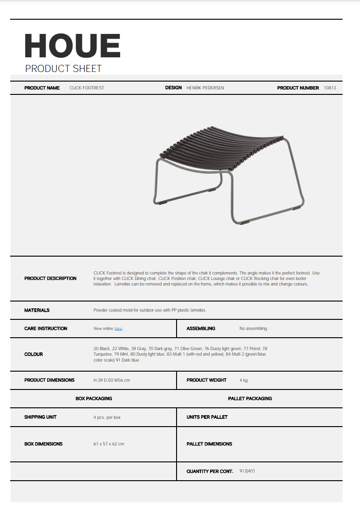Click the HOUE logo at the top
click(72, 45)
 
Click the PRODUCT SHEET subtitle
click(63, 69)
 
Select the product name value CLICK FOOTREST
click(87, 88)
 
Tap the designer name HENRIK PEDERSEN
click(205, 88)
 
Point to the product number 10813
click(330, 88)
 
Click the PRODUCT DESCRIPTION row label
click(50, 279)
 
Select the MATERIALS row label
click(37, 310)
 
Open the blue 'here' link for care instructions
click(118, 329)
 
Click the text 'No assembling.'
click(254, 329)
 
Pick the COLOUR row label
click(33, 354)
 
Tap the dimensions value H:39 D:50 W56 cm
click(111, 380)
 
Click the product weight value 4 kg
click(244, 380)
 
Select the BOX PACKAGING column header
click(94, 399)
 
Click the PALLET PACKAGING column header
click(250, 399)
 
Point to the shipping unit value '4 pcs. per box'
click(107, 417)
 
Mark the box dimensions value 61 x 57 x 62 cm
click(109, 444)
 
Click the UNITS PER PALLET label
click(207, 417)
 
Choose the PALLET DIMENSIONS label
click(209, 444)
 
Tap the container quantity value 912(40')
click(247, 471)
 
